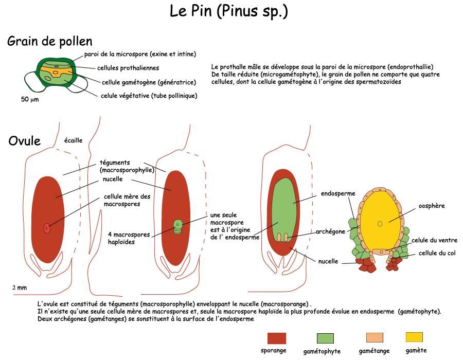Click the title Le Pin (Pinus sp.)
(228, 12)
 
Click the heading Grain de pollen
(50, 42)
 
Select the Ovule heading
(24, 140)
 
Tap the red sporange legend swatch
(276, 338)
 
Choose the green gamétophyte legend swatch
(325, 338)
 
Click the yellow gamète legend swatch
(414, 337)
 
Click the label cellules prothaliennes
(128, 68)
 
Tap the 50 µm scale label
(30, 99)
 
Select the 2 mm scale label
(20, 287)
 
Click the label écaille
(73, 140)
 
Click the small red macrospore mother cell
(47, 228)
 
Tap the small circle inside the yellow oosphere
(380, 224)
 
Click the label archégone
(330, 232)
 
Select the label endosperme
(338, 194)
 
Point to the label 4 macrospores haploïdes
(129, 238)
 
